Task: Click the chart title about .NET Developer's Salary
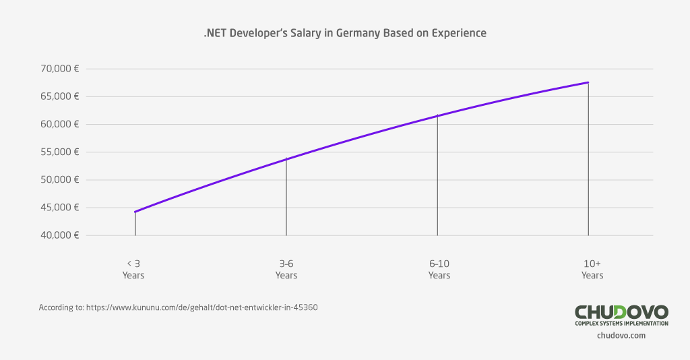click(344, 33)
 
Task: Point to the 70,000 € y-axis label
click(59, 69)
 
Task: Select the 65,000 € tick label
click(59, 96)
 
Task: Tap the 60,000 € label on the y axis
click(59, 124)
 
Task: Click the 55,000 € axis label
click(59, 152)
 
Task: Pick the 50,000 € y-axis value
click(59, 180)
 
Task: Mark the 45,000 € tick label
click(59, 208)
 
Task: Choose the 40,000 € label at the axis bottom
click(59, 235)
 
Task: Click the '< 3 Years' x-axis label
click(133, 269)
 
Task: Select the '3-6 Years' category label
click(286, 269)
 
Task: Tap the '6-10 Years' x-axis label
click(439, 269)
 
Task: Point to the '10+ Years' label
click(592, 269)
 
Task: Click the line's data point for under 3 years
click(135, 212)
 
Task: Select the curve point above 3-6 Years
click(286, 159)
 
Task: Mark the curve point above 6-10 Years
click(438, 116)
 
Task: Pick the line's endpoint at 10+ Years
click(588, 82)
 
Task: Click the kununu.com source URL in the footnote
click(201, 307)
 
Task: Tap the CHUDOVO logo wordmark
click(621, 311)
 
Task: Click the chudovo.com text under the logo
click(621, 335)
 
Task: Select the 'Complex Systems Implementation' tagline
click(621, 324)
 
